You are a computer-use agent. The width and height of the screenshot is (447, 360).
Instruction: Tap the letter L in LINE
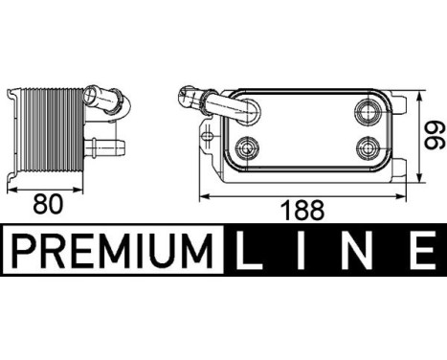[x=247, y=253]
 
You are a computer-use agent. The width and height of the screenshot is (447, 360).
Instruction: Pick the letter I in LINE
[x=302, y=253]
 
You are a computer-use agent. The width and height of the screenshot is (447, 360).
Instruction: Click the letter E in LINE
[x=418, y=253]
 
